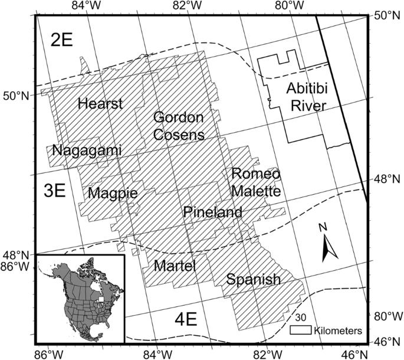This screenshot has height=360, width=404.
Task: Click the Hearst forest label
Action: pyautogui.click(x=100, y=104)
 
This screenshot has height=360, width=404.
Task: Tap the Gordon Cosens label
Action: pyautogui.click(x=179, y=126)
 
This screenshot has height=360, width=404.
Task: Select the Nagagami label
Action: pyautogui.click(x=87, y=150)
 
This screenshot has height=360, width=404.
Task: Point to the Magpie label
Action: pyautogui.click(x=113, y=193)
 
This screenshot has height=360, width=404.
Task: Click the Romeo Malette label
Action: pyautogui.click(x=256, y=182)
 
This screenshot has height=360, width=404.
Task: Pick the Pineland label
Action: pyautogui.click(x=212, y=212)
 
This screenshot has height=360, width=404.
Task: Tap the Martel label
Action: pyautogui.click(x=174, y=266)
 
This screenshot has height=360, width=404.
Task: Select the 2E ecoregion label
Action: pyautogui.click(x=61, y=41)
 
